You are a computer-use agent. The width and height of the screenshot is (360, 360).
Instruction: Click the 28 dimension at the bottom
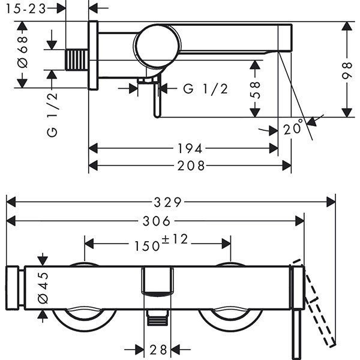pyautogui.click(x=158, y=350)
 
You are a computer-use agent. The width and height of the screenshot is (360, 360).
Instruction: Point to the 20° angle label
pyautogui.click(x=295, y=128)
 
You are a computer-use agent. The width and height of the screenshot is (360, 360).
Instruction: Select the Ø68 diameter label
pyautogui.click(x=23, y=55)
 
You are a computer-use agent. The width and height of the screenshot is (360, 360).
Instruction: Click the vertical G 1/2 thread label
pyautogui.click(x=52, y=115)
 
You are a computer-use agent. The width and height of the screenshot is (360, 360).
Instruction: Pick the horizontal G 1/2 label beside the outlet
pyautogui.click(x=206, y=89)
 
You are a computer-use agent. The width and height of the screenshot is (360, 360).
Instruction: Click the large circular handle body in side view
pyautogui.click(x=157, y=45)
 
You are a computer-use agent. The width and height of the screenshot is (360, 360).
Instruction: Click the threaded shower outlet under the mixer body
pyautogui.click(x=157, y=318)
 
